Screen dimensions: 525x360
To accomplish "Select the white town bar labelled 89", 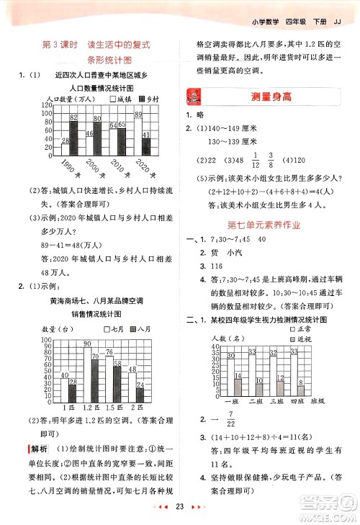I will (x=139, y=131).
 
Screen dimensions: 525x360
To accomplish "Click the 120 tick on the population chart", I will (x=47, y=105).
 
